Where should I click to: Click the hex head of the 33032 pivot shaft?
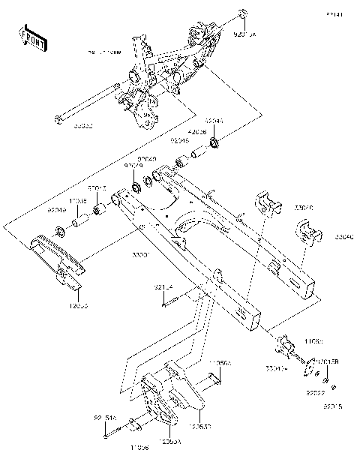pyautogui.click(x=58, y=118)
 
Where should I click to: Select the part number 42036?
pyautogui.click(x=196, y=130)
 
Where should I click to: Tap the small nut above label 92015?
pyautogui.click(x=333, y=388)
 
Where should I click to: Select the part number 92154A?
pyautogui.click(x=104, y=419)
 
